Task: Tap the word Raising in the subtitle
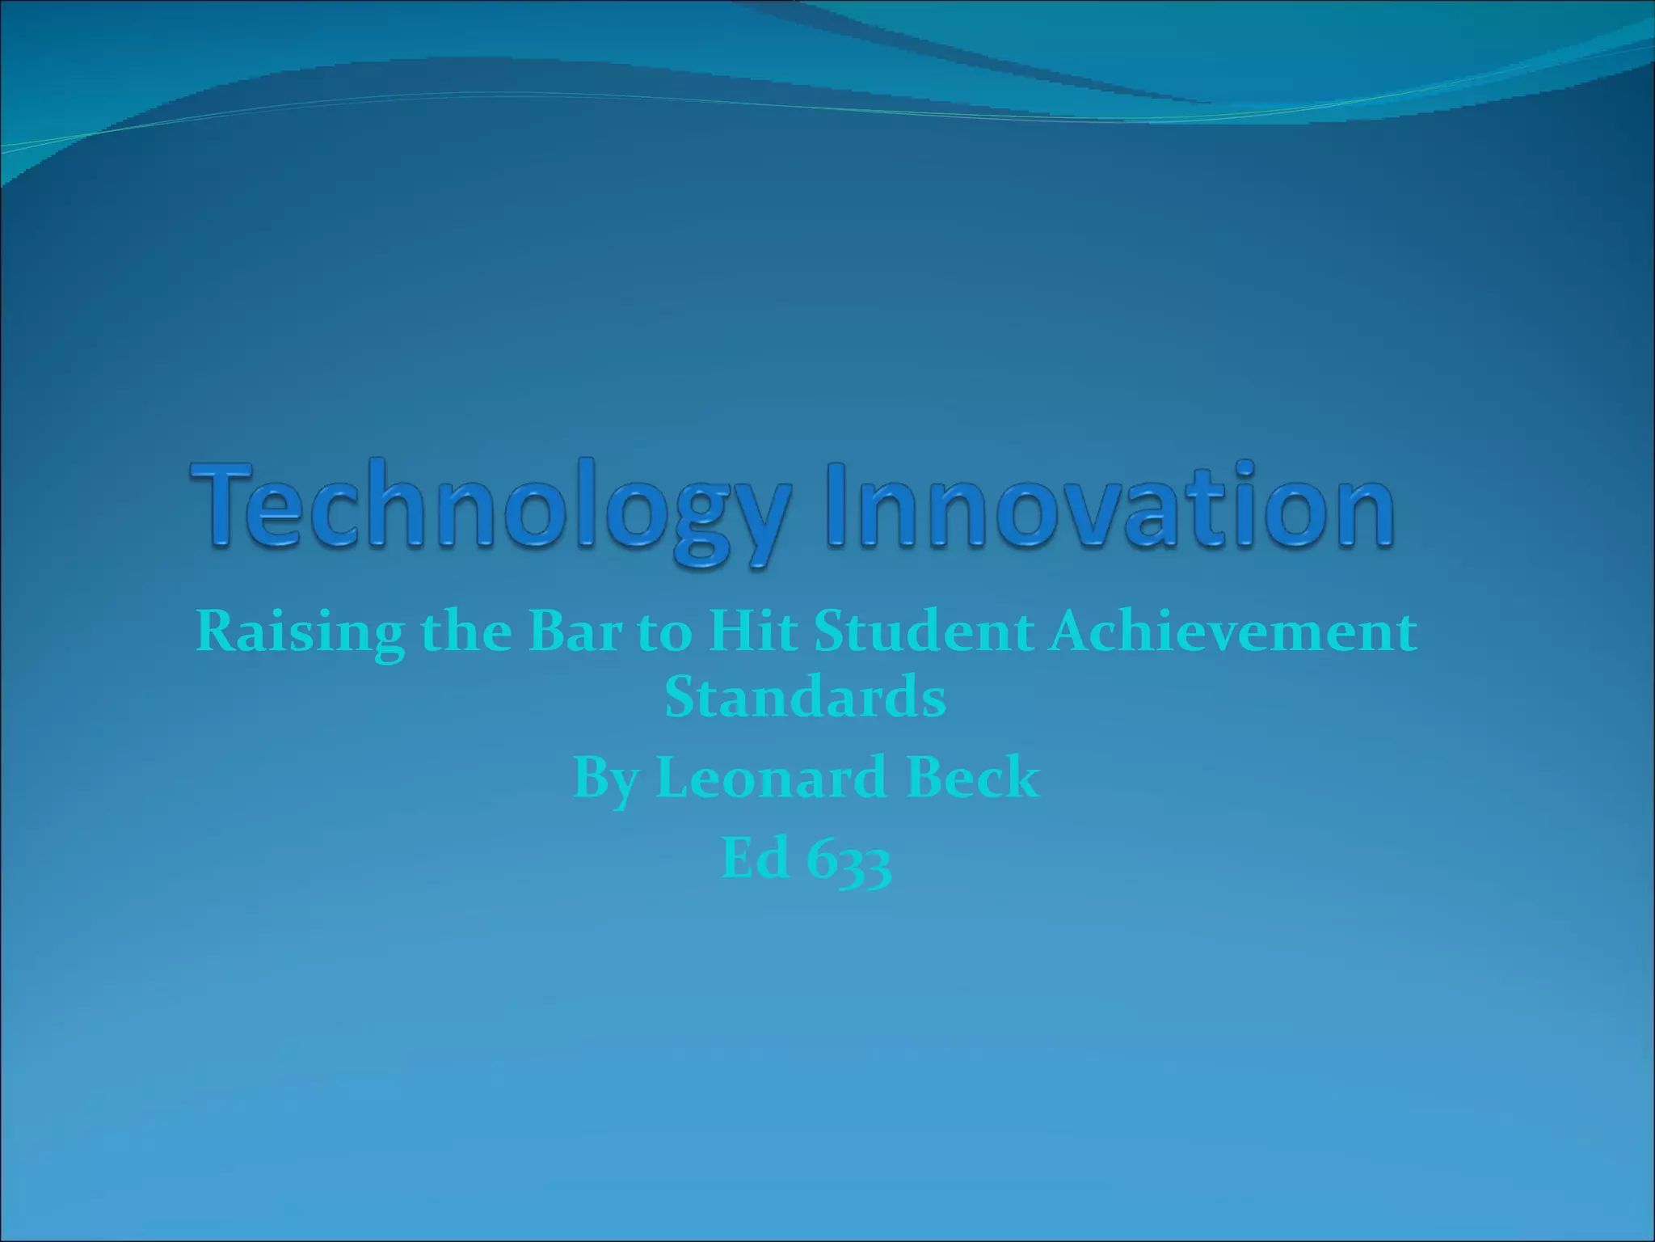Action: click(x=300, y=633)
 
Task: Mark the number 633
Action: click(x=849, y=860)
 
